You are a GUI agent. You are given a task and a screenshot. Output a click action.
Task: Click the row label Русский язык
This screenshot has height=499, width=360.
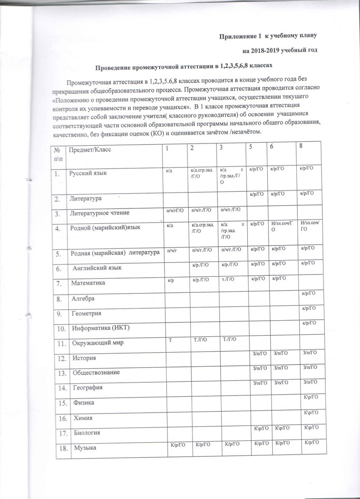point(88,173)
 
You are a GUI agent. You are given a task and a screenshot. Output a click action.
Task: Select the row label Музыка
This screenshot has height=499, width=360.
point(85,448)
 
